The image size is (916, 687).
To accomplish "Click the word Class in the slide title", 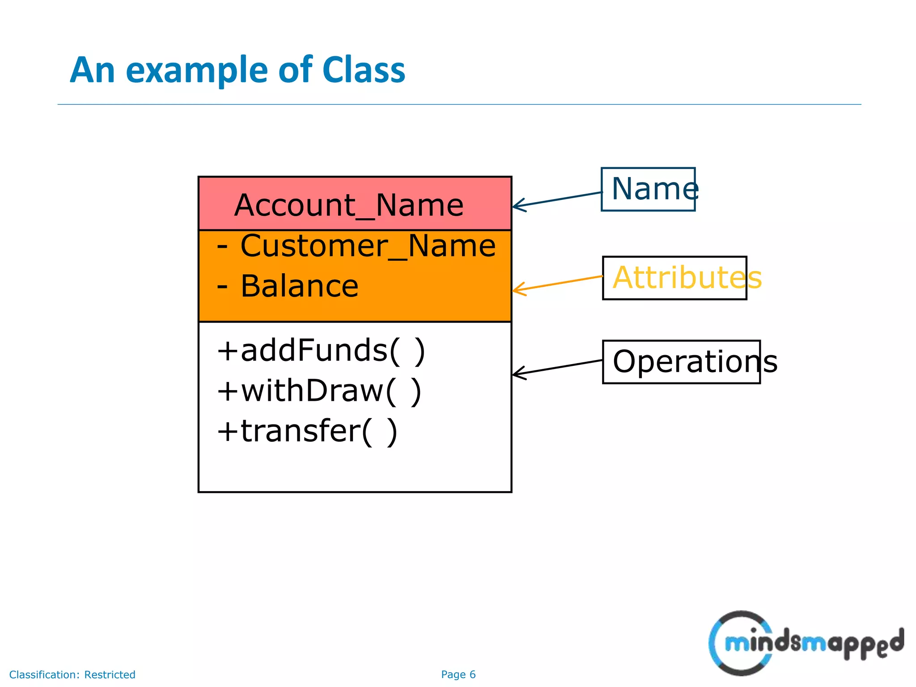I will click(363, 70).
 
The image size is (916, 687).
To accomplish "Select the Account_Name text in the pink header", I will click(348, 205).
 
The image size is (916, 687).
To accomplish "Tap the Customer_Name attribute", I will click(368, 246).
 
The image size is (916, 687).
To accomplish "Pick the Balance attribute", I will click(299, 286).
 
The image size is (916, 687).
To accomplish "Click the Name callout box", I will click(648, 189).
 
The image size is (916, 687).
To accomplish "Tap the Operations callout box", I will click(681, 362).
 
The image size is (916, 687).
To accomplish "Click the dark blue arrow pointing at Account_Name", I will click(557, 199).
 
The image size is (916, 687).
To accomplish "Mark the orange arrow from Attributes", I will click(557, 283).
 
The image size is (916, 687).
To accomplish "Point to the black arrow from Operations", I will click(557, 367).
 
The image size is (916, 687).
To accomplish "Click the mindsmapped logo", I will click(805, 643).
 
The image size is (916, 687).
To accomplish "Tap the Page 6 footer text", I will click(458, 674).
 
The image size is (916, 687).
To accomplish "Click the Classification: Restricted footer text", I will click(72, 674).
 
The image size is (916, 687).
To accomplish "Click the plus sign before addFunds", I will click(227, 351).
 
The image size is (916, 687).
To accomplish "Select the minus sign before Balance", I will click(222, 287).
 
